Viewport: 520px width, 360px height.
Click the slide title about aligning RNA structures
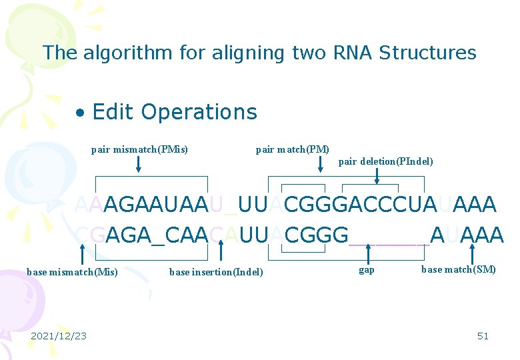(x=259, y=53)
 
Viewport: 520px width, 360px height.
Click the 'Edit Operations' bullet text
(x=175, y=112)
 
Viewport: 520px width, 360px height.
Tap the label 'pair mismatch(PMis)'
(x=139, y=149)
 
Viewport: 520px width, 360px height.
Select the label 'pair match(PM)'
(x=292, y=149)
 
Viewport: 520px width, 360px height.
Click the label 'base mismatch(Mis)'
(x=72, y=271)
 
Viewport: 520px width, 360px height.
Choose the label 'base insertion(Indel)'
(x=216, y=271)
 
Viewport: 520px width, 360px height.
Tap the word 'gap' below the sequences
(x=367, y=270)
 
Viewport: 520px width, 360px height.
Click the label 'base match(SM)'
(x=459, y=270)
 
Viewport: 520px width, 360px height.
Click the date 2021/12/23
(x=59, y=336)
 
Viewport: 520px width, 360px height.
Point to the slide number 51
(x=483, y=336)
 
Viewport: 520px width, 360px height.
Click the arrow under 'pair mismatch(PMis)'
(x=139, y=164)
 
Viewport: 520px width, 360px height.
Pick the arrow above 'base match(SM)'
(x=473, y=253)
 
